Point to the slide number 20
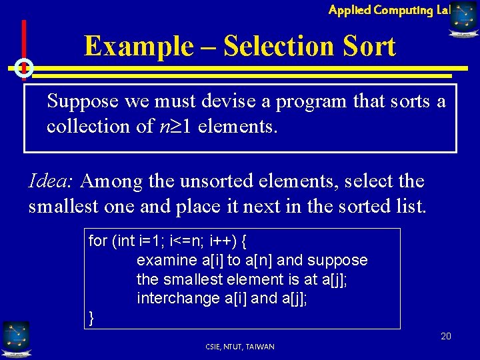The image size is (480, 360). click(445, 336)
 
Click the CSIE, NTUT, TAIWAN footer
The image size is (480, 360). click(240, 347)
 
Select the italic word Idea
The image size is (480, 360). click(53, 181)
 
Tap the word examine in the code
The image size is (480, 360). click(163, 260)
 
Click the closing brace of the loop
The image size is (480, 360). click(92, 318)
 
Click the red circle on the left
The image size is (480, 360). click(23, 68)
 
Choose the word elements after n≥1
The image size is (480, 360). click(238, 125)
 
